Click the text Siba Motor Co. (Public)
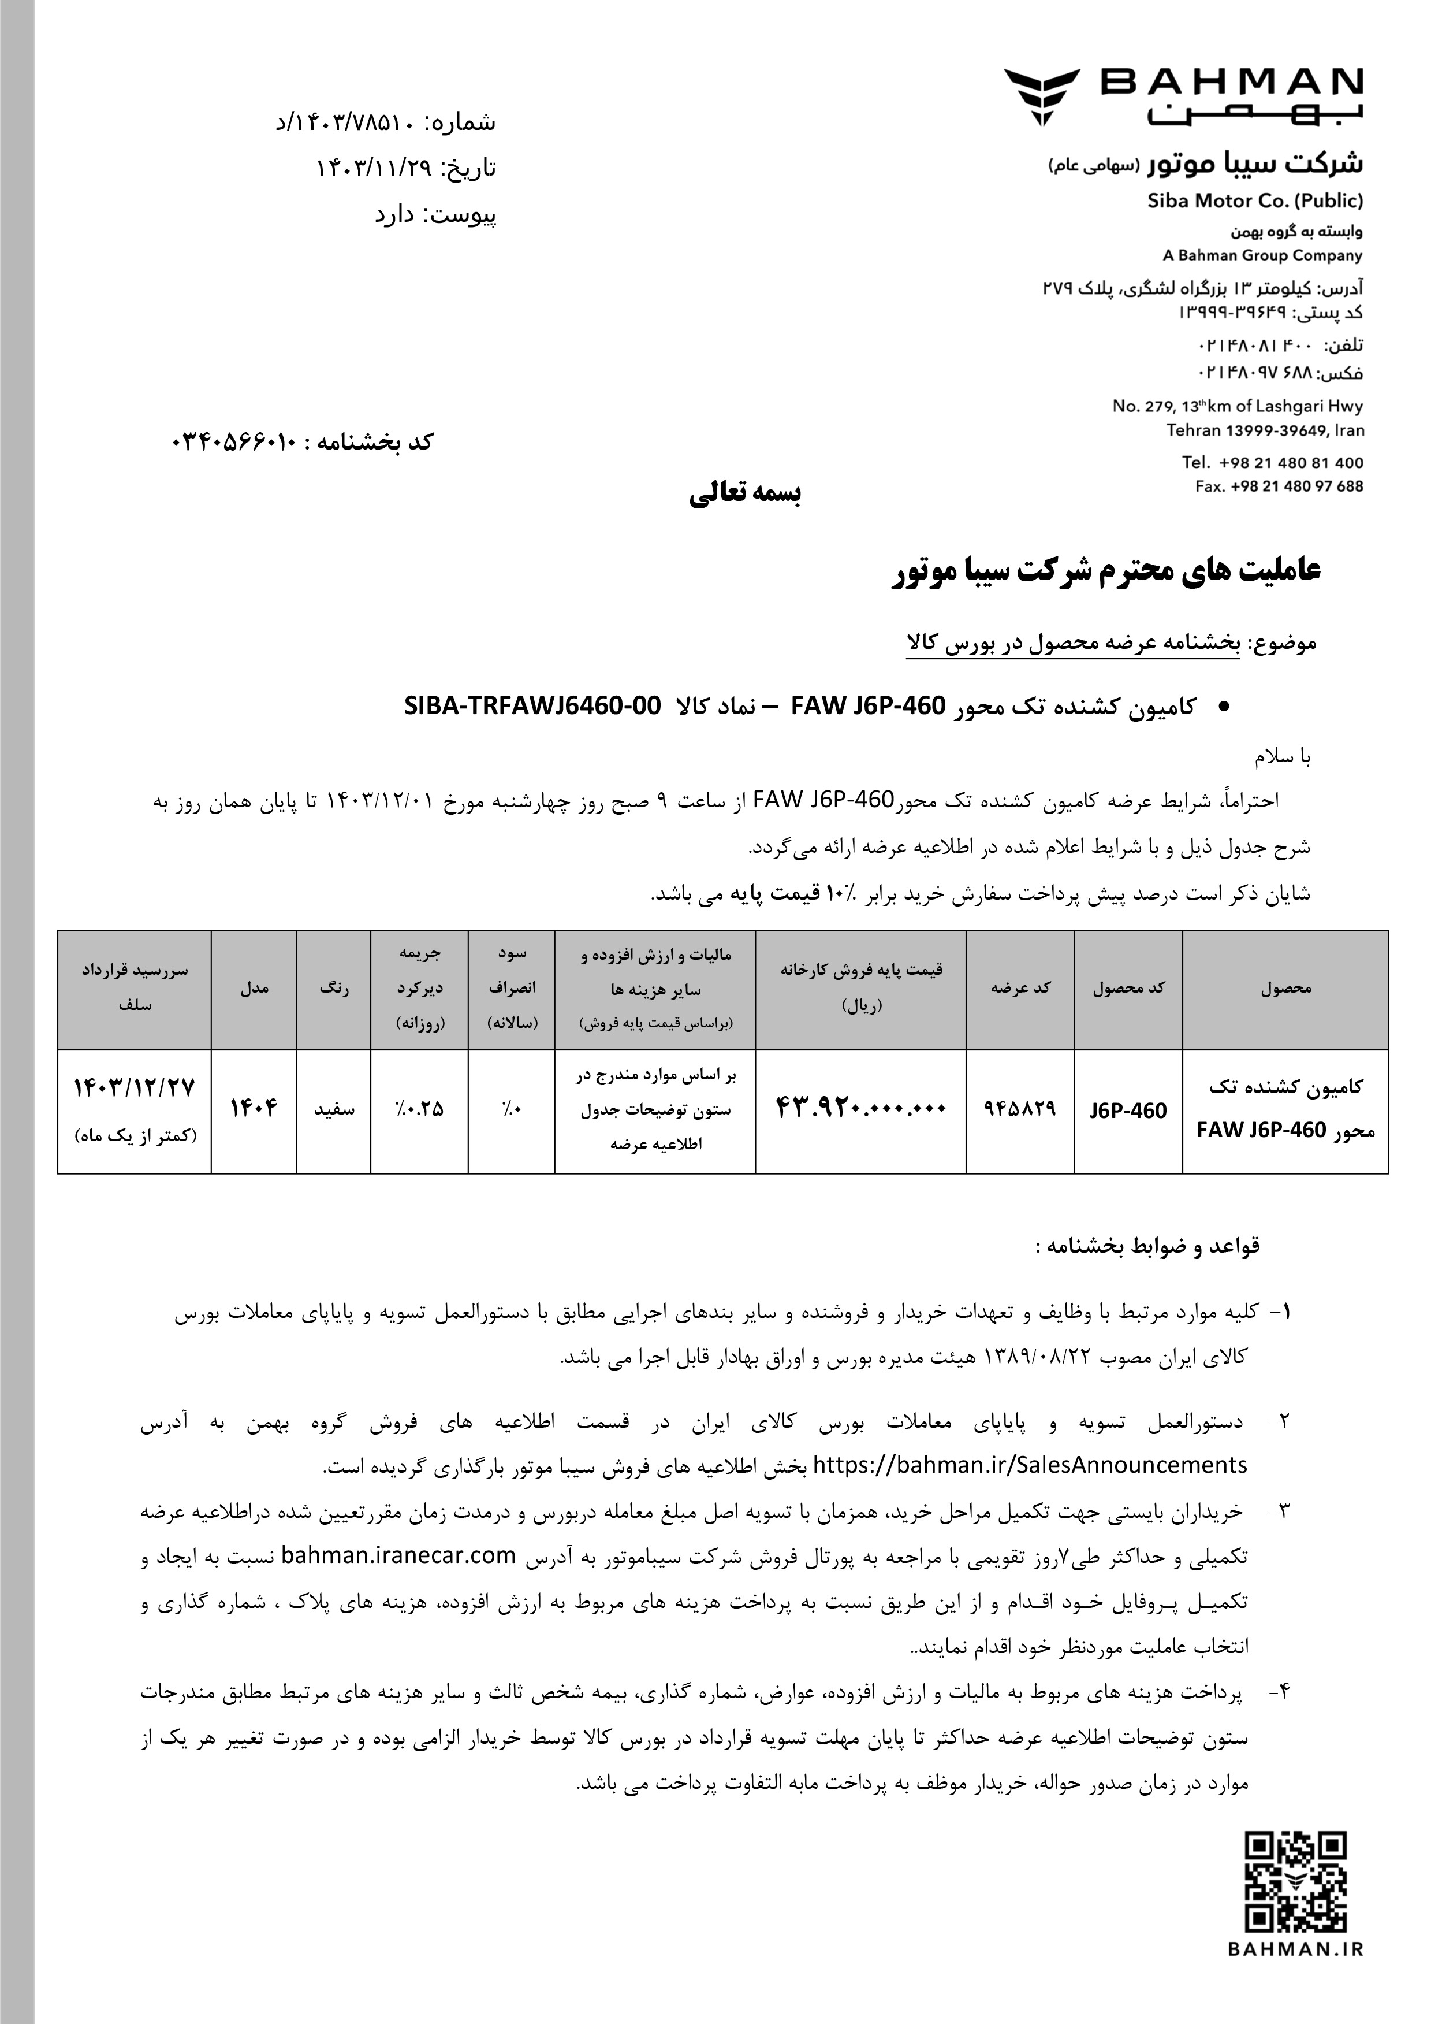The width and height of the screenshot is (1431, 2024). click(x=1255, y=200)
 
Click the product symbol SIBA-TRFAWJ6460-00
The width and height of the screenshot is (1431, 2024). click(x=532, y=706)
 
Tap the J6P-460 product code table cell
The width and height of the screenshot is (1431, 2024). click(x=1127, y=1111)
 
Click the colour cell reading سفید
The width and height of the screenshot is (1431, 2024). click(x=334, y=1109)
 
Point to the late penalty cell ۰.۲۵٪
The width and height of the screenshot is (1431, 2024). click(x=419, y=1109)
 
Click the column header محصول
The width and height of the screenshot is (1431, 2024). click(x=1285, y=988)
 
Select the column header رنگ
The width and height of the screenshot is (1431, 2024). click(x=334, y=988)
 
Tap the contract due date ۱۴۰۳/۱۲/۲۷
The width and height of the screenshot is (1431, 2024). click(x=135, y=1089)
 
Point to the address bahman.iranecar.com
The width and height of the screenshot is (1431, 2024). click(x=398, y=1556)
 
